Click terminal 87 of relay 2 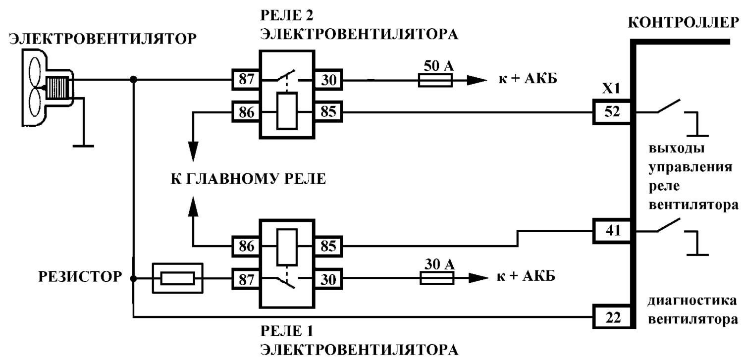[246, 80]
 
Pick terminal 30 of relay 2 [328, 80]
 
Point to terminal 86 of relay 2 [246, 112]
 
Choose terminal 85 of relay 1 [328, 246]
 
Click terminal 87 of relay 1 [246, 279]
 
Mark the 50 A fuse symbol [435, 80]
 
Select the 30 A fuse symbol [437, 278]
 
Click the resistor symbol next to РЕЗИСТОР [177, 278]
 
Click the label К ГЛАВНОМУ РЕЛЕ [249, 179]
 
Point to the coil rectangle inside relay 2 [287, 111]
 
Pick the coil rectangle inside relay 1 [287, 247]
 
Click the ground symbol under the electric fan [83, 146]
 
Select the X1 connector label [611, 89]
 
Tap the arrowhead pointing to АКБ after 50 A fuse [477, 80]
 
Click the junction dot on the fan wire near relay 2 [133, 80]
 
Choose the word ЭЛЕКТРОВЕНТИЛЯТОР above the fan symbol [103, 39]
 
